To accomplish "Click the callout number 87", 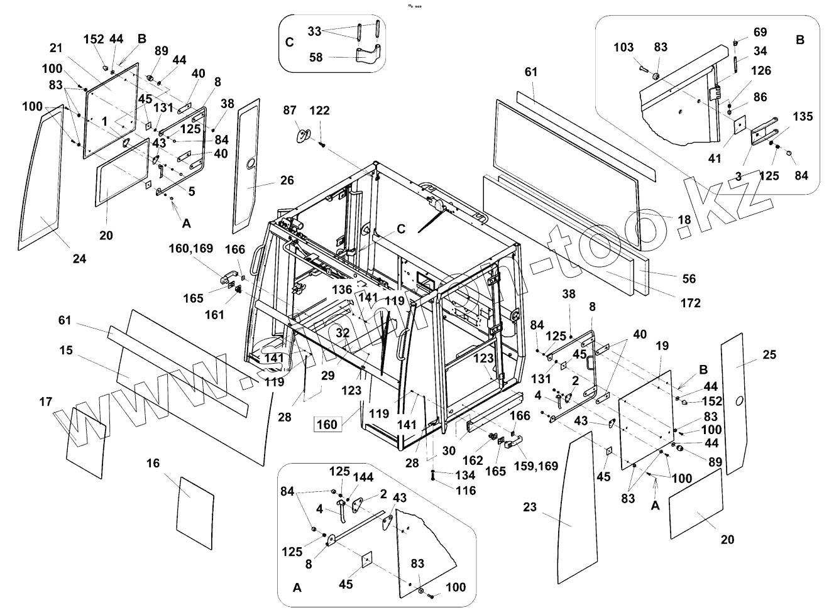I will (x=290, y=111).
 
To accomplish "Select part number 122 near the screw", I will (x=319, y=111).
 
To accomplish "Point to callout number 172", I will (x=690, y=303).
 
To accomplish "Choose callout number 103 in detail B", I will (x=623, y=47).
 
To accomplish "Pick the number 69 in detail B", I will (x=760, y=32).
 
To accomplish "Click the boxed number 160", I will (x=327, y=424).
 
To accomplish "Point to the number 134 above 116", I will (x=464, y=476).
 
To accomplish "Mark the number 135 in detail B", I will (x=803, y=116).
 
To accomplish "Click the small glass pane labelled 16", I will (x=197, y=513).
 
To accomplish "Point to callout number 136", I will (x=342, y=289).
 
